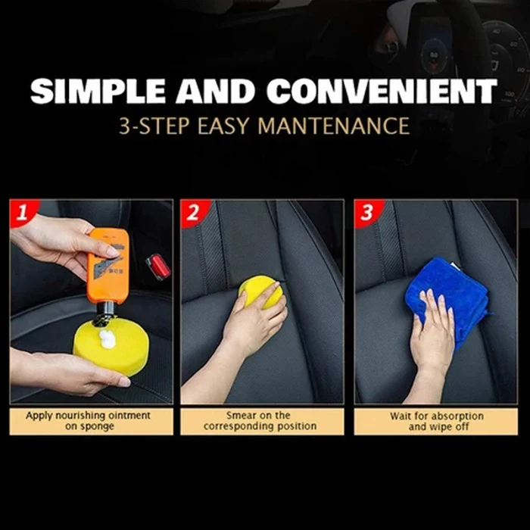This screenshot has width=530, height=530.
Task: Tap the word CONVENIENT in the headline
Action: click(x=382, y=91)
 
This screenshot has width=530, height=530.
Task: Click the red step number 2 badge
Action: click(x=193, y=213)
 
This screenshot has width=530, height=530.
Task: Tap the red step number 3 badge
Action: click(x=367, y=213)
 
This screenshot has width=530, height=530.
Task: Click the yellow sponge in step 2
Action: click(x=260, y=291)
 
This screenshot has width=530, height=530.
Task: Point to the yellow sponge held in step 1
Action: click(x=111, y=348)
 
